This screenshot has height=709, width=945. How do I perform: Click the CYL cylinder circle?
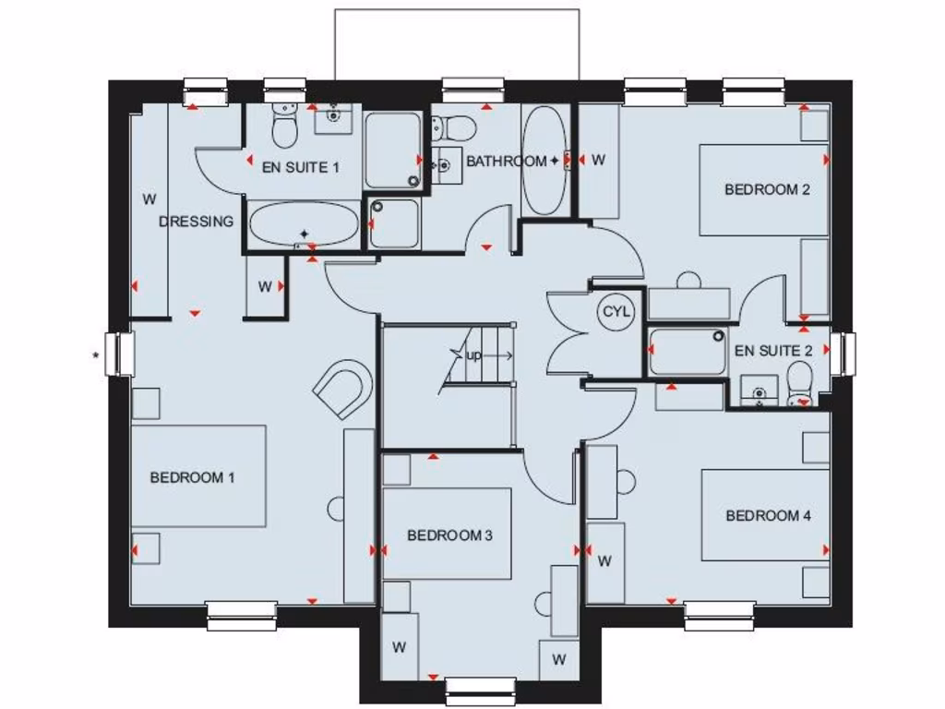616,312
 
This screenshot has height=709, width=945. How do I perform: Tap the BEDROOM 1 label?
192,477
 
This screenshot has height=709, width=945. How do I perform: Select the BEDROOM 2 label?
767,189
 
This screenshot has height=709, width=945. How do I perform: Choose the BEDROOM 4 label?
768,515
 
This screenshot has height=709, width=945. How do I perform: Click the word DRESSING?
197,222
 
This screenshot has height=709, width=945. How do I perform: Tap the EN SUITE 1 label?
301,167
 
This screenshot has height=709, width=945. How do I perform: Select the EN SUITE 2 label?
773,351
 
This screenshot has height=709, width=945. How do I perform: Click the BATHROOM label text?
506,162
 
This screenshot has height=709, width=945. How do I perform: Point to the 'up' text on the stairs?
473,354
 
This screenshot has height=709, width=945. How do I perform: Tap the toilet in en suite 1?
284,125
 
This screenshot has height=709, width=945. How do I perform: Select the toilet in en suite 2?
800,382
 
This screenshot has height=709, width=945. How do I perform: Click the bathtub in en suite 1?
304,224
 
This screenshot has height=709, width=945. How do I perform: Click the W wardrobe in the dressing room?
148,198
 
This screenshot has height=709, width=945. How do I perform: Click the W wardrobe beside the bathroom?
598,160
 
